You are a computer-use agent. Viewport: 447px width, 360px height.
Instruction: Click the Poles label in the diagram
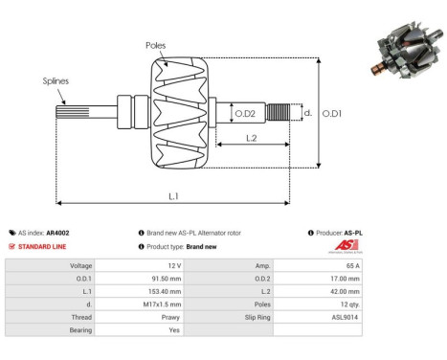click(155, 45)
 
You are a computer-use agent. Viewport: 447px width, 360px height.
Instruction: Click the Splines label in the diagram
click(56, 81)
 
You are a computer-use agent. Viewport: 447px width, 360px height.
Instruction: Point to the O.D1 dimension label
click(332, 114)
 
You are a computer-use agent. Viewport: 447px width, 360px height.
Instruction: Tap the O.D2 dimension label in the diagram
click(245, 114)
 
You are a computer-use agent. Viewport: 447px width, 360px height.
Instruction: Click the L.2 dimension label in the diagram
click(250, 138)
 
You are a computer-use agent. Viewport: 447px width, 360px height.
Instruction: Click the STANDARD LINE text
click(43, 246)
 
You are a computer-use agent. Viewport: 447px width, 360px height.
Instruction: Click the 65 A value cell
click(353, 265)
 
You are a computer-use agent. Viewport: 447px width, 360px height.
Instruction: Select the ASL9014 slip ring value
click(346, 315)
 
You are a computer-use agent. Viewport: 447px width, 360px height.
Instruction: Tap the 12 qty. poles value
click(349, 303)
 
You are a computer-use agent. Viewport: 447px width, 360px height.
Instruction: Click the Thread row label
click(80, 315)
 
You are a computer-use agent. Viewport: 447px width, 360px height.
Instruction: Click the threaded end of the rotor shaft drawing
click(279, 113)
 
